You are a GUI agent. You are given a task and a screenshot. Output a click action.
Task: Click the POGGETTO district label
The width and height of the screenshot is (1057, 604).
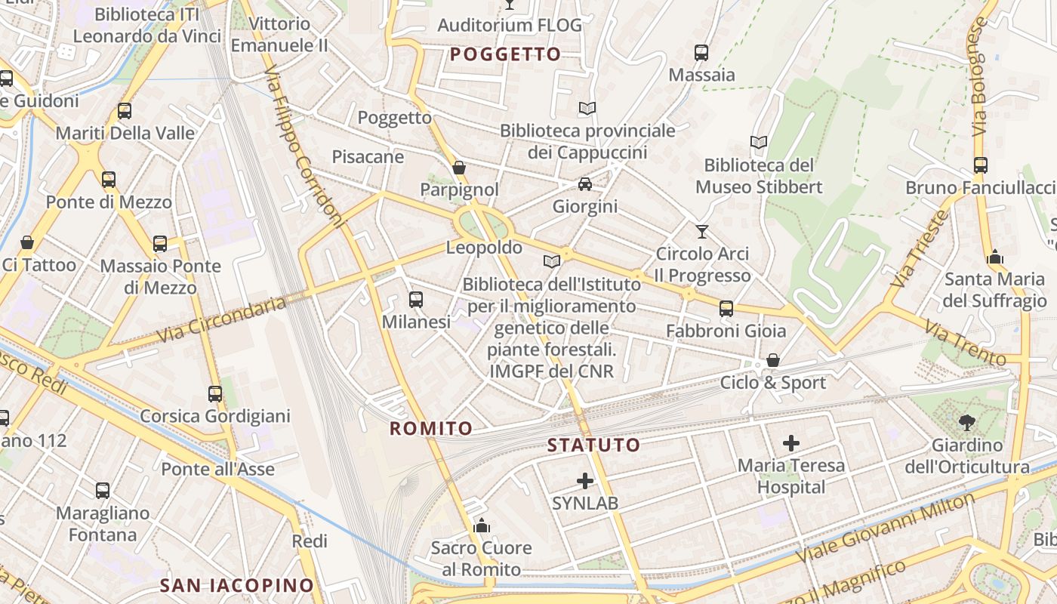pos(506,54)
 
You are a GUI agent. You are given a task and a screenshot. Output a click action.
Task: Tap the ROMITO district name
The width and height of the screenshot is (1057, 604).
pos(431,429)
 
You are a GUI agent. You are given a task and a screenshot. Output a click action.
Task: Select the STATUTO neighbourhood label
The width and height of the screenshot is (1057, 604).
pos(593,445)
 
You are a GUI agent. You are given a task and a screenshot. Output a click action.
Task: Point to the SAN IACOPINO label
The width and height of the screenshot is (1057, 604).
pos(236,585)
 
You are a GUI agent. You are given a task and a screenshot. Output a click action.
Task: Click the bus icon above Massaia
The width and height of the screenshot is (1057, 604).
pos(701,53)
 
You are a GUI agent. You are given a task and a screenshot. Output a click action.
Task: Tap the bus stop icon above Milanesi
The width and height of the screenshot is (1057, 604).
pos(415,300)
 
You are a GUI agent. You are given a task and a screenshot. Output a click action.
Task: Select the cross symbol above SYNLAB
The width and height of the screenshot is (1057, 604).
pos(585,480)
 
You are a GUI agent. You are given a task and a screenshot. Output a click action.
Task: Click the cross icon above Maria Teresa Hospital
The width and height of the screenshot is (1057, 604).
pos(791,443)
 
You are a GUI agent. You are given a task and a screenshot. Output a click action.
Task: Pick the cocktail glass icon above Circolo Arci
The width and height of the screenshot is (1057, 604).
pos(702,231)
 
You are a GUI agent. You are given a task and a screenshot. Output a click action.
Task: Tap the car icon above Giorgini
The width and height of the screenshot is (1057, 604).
pos(584,184)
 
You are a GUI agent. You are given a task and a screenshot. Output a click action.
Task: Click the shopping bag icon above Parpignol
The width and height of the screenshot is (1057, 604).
pos(459,168)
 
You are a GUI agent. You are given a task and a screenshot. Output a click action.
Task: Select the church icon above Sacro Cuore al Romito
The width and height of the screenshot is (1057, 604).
pos(481,525)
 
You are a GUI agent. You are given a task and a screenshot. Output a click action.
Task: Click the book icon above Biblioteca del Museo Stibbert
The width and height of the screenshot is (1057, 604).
pos(759,142)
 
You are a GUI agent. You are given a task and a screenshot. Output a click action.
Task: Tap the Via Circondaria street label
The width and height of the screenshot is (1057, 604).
pos(222,318)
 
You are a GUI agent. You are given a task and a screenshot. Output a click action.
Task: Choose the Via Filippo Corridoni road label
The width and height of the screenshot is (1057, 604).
pos(304,149)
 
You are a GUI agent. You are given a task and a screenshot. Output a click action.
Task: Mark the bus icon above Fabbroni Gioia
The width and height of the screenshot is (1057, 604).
pos(726,308)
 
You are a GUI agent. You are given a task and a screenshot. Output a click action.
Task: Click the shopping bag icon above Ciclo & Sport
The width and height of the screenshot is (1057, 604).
pos(773,360)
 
